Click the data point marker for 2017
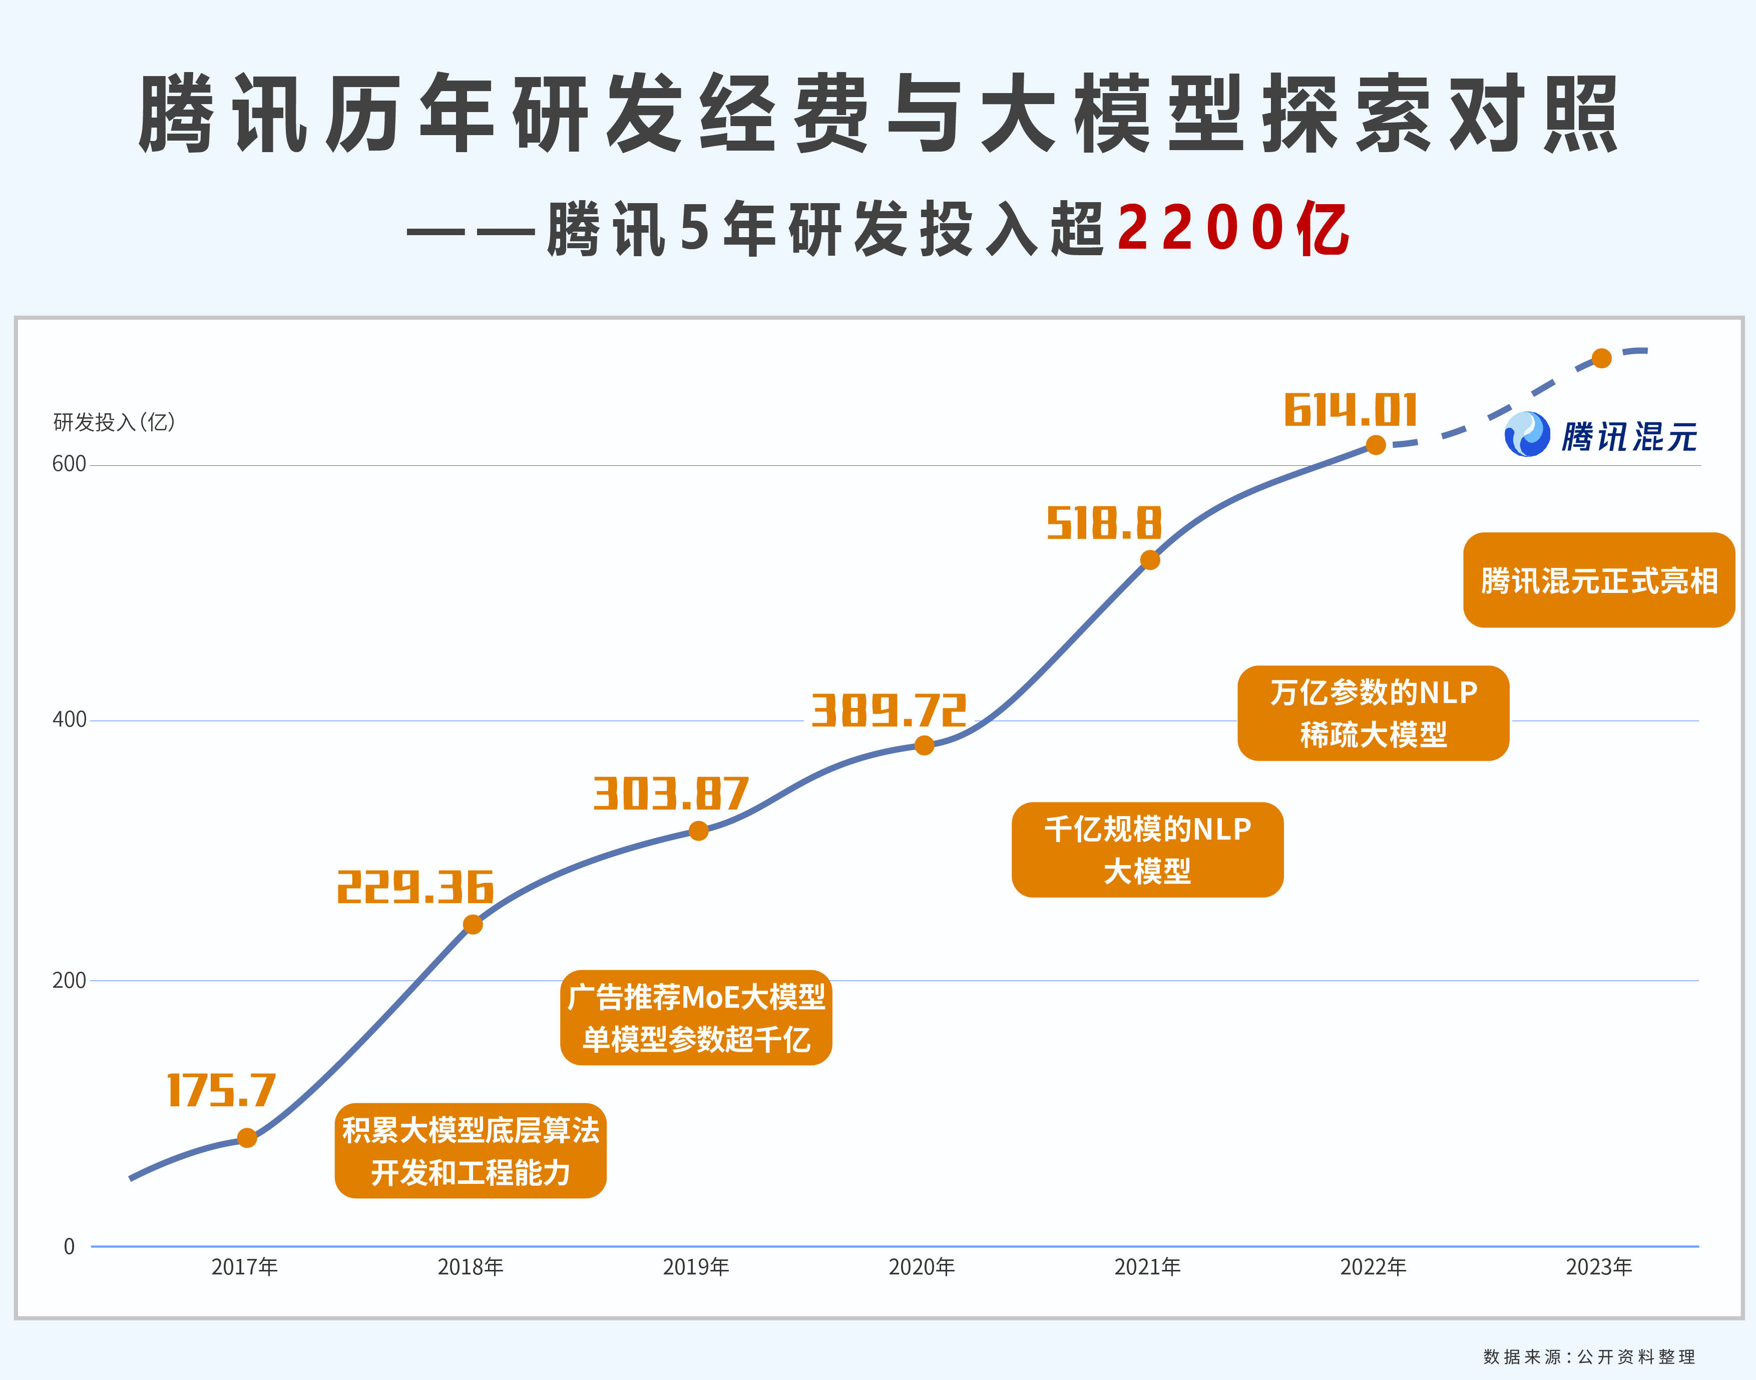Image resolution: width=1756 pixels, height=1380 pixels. pyautogui.click(x=247, y=1138)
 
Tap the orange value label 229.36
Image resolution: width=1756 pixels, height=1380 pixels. pyautogui.click(x=414, y=887)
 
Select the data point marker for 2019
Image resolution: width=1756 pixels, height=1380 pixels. pyautogui.click(x=699, y=831)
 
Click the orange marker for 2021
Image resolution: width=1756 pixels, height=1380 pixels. pyautogui.click(x=1150, y=560)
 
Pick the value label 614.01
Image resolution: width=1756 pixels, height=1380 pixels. pyautogui.click(x=1351, y=410)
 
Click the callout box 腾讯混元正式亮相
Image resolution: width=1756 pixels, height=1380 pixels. pyautogui.click(x=1598, y=580)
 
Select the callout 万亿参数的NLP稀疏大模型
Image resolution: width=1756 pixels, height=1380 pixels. pyautogui.click(x=1373, y=713)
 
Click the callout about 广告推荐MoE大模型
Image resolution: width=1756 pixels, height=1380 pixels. pyautogui.click(x=696, y=1017)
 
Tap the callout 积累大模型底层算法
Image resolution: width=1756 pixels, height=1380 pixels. pyautogui.click(x=471, y=1150)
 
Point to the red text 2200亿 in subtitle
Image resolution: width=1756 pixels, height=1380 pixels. pyautogui.click(x=1232, y=229)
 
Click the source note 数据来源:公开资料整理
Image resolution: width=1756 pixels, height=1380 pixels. pyautogui.click(x=1589, y=1356)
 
